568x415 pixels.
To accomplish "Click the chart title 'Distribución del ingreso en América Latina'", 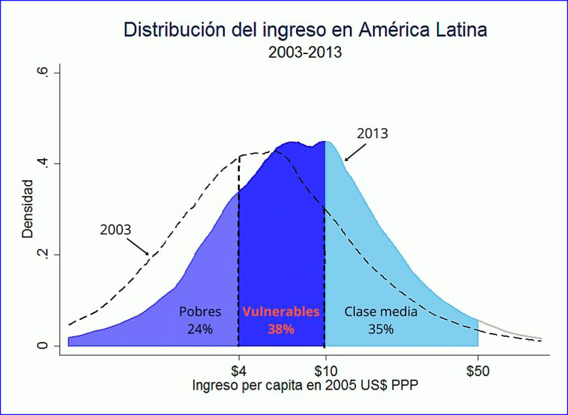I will point(305,30).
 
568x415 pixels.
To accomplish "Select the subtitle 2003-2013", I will point(305,52).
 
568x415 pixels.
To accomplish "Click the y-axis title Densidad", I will point(27,209).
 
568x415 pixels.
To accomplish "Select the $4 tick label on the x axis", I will point(238,371).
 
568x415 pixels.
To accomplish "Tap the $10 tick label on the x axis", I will point(325,371).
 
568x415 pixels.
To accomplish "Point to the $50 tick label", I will point(478,371).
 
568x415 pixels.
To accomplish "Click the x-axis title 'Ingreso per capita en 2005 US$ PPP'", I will point(305,386).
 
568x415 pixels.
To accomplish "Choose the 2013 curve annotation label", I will point(372,134).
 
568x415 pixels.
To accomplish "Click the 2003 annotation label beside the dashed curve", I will point(115,230).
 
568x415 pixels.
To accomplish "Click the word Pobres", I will point(200,311).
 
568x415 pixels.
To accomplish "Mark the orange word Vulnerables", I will point(281,311).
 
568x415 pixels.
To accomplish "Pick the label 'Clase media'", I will point(381,311).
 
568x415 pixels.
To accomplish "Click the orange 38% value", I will point(281,329).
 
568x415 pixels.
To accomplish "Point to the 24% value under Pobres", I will point(200,329).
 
